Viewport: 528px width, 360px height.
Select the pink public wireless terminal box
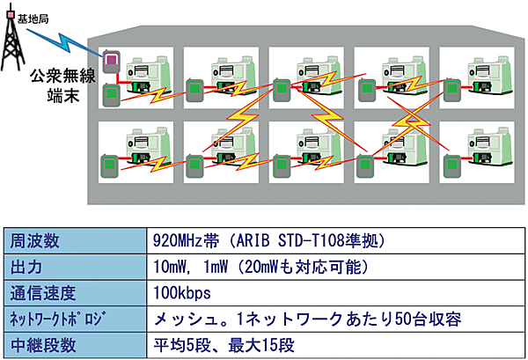[112, 62]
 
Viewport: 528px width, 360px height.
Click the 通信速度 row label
[40, 290]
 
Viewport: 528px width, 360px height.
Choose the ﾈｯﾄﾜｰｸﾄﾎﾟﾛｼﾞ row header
[54, 317]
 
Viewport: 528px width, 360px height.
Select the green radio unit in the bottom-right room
[451, 165]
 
